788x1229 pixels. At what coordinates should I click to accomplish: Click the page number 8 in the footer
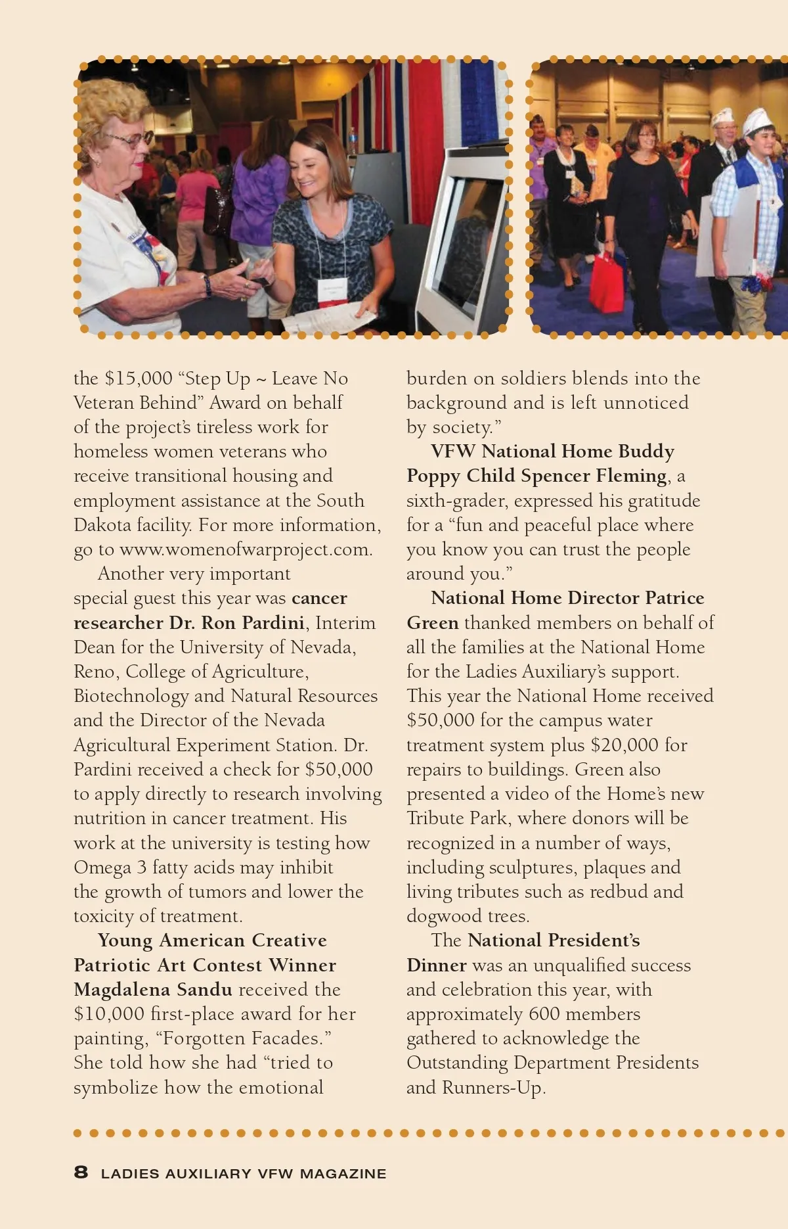point(81,1172)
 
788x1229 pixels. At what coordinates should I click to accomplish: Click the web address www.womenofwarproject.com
point(246,549)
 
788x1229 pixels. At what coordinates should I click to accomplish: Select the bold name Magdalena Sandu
point(153,989)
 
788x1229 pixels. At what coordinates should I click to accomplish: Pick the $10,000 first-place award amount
point(109,1014)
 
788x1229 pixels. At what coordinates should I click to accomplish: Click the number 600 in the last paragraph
point(544,1014)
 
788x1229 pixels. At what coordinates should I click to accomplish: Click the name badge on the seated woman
point(332,290)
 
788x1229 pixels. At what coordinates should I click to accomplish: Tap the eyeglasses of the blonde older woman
point(131,140)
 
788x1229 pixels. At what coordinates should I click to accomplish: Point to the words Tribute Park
point(457,818)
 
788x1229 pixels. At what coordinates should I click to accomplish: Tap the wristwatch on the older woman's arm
point(208,285)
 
